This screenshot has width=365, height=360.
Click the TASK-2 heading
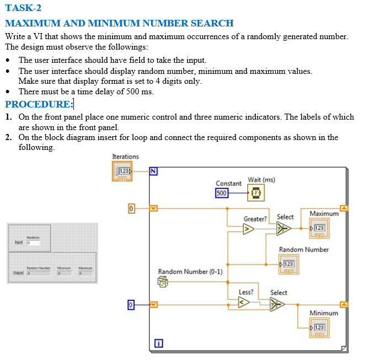coord(23,8)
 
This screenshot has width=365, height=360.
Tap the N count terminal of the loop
coord(154,171)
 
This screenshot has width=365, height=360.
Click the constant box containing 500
coord(221,193)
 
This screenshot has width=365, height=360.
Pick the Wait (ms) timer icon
coord(256,193)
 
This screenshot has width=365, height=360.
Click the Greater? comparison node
coord(249,229)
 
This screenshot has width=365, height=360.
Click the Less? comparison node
coord(243,302)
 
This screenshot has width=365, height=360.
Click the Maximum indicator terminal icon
coord(319,227)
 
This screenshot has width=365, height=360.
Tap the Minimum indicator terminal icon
coord(319,327)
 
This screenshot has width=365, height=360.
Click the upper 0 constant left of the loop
coord(131,209)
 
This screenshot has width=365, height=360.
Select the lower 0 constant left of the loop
coord(131,304)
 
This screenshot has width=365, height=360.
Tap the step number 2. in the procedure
coord(9,137)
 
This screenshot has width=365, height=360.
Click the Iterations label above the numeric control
coord(125,157)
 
